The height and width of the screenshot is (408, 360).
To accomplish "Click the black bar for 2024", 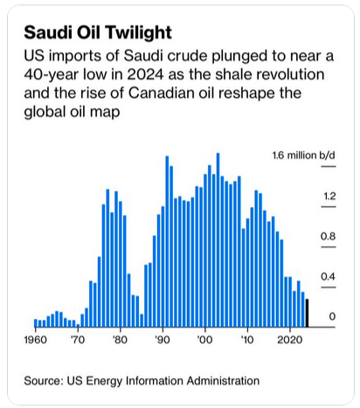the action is (307, 313).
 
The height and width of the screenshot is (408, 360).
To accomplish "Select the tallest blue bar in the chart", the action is (218, 240).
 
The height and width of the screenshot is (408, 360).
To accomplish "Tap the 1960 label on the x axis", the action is (36, 340).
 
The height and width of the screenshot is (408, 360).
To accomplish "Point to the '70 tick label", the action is (78, 340).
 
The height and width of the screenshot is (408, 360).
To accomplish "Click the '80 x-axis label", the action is (120, 340).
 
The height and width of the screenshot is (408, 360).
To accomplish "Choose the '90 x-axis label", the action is (163, 340).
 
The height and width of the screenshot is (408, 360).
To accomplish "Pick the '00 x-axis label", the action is (204, 340).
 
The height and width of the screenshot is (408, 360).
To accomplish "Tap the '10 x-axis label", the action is (247, 340).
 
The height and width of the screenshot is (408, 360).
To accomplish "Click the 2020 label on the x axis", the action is (289, 340).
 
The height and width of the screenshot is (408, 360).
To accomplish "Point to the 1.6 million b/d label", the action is (304, 156).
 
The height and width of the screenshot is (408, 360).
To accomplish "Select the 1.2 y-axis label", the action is (329, 196).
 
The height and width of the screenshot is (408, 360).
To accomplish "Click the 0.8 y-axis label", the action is (329, 236).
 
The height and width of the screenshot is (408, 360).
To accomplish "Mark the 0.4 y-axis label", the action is (329, 276).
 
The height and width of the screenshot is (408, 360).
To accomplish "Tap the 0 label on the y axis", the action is (332, 316).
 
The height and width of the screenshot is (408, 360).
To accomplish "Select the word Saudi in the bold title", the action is (48, 32).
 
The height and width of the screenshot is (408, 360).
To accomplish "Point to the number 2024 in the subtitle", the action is (145, 74).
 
